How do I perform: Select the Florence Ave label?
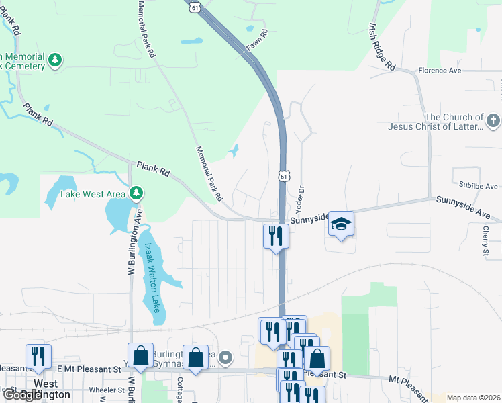click(x=440, y=70)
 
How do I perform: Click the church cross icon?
click(x=493, y=122)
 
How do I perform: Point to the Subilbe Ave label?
click(x=479, y=186)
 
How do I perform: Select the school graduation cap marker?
click(x=341, y=224)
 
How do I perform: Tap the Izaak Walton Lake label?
click(x=152, y=277)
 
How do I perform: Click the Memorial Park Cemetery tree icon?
click(x=55, y=61)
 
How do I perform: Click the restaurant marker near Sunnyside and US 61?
click(x=275, y=236)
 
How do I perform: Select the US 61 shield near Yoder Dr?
click(x=284, y=176)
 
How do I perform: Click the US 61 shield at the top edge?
click(x=194, y=6)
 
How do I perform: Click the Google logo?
click(x=21, y=395)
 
